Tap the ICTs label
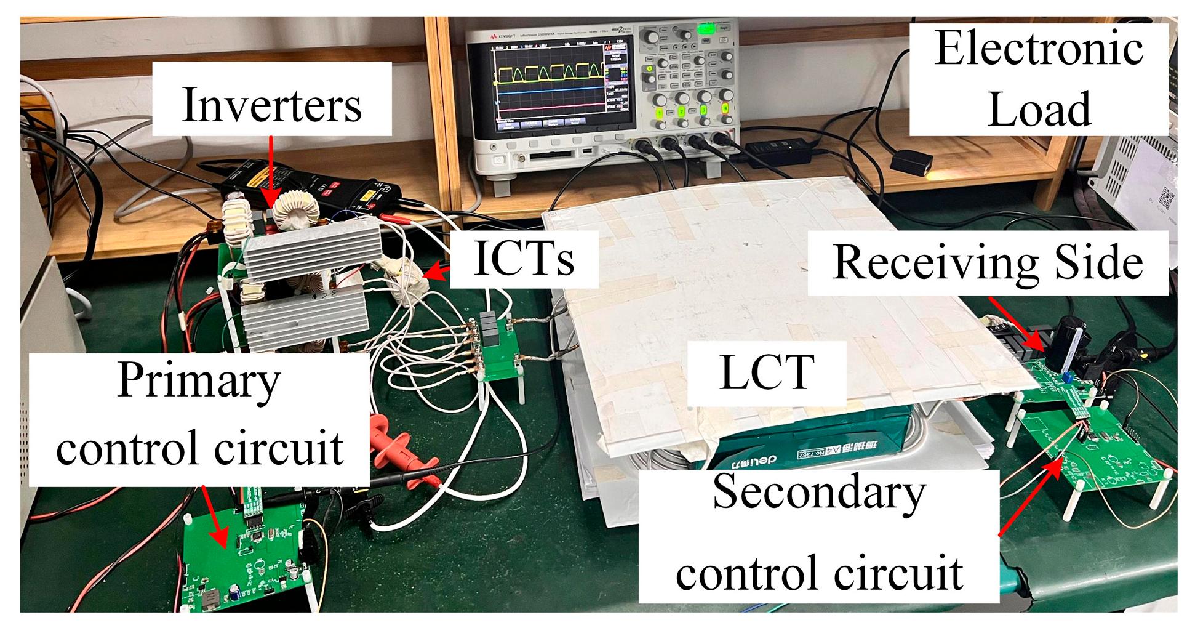[524, 259]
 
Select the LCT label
[767, 372]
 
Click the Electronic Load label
[1039, 79]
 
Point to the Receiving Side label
[987, 263]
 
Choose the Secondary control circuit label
[818, 533]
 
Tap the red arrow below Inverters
[270, 172]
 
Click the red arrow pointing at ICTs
[437, 272]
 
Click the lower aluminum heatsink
[305, 316]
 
